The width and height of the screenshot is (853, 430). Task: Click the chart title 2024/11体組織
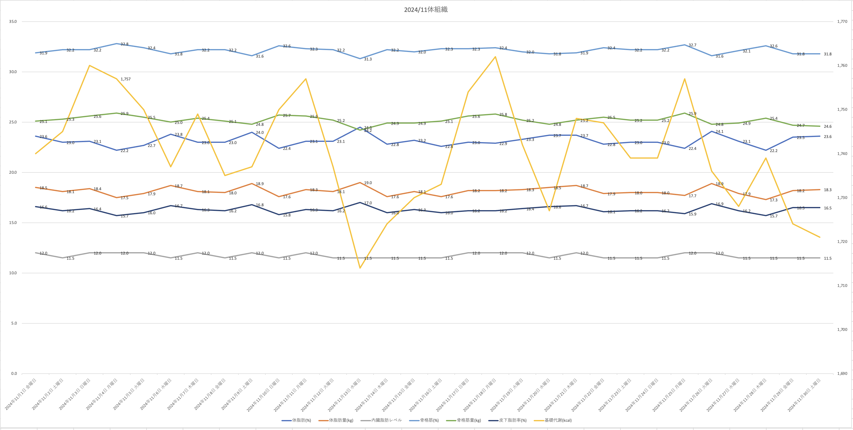[426, 10]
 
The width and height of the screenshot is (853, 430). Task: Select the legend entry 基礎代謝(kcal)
[558, 420]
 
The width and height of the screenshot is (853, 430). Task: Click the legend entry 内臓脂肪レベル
[386, 420]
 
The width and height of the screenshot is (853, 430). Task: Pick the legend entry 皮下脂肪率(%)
[512, 420]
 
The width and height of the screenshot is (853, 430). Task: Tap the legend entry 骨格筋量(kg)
[469, 420]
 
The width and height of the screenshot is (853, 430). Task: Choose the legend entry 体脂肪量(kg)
[341, 420]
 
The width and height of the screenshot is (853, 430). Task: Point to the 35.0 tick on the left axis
[13, 22]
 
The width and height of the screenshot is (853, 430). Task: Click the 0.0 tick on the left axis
[14, 373]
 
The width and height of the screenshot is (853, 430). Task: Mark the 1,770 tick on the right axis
[842, 22]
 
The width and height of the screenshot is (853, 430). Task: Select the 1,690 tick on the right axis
[842, 373]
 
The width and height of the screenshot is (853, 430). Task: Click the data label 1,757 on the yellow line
[125, 79]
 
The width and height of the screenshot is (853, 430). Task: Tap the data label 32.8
[124, 44]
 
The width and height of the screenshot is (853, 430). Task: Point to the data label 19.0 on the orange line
[368, 183]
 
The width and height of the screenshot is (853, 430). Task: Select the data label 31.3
[368, 59]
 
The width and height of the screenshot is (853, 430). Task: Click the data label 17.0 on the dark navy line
[368, 203]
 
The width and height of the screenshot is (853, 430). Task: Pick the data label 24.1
[720, 131]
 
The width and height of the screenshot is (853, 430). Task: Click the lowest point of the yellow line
[360, 268]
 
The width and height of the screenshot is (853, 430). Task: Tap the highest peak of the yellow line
[495, 57]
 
